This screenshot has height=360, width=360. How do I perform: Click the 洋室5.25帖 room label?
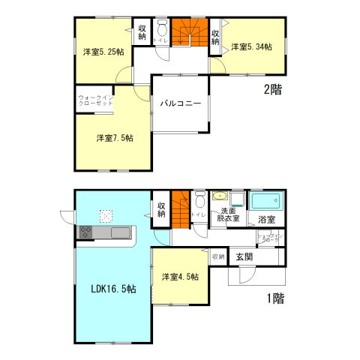coord(101,52)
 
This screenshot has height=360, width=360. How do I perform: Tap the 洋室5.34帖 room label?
coord(251,47)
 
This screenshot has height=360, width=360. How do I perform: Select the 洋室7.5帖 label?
coord(115,138)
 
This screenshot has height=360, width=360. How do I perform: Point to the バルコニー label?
coord(180,104)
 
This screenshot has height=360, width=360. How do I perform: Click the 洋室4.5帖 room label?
coord(180,277)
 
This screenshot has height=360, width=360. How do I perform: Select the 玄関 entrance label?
coord(244,257)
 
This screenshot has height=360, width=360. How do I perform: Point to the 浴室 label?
coord(266,220)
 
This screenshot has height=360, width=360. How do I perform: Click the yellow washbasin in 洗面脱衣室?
coord(219,197)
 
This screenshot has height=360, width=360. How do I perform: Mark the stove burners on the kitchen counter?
coord(85,233)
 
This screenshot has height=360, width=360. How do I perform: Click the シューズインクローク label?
coord(269,239)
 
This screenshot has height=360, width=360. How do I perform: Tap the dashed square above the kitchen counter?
coord(106,216)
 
